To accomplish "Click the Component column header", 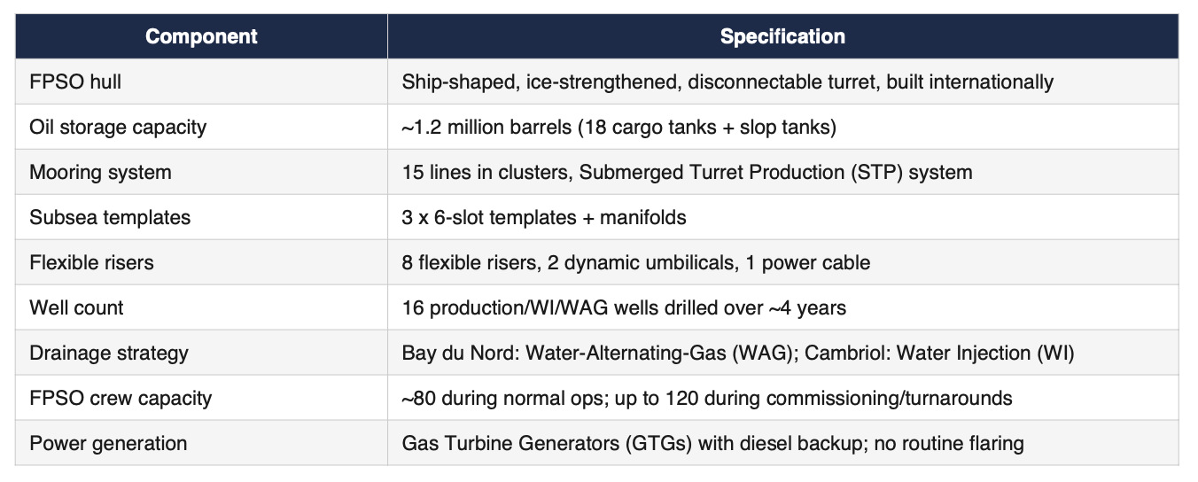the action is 201,36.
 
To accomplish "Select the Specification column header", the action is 782,36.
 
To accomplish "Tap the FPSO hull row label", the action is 75,82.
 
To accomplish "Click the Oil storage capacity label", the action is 118,128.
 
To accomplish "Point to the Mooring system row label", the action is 100,172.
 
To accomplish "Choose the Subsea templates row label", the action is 110,217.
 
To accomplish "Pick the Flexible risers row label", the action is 91,262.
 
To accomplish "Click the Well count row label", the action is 76,307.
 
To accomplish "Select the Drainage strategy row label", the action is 109,353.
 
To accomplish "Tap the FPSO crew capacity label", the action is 121,398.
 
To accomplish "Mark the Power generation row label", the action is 108,444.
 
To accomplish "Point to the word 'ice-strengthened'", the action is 603,82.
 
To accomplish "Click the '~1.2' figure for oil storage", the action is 422,128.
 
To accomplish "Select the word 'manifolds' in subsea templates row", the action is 642,217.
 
